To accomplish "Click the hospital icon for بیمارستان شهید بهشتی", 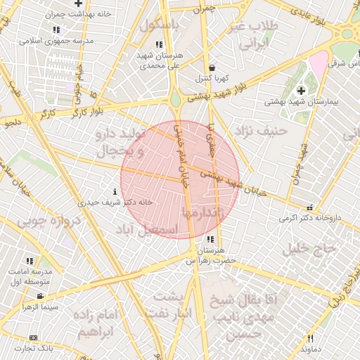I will [302, 90].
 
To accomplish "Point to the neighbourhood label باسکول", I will [160, 24].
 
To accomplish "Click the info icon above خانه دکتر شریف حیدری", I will [115, 191].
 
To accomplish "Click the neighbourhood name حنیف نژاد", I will [262, 130].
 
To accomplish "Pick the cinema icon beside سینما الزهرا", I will [41, 296].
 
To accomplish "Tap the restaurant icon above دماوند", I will [309, 338].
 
